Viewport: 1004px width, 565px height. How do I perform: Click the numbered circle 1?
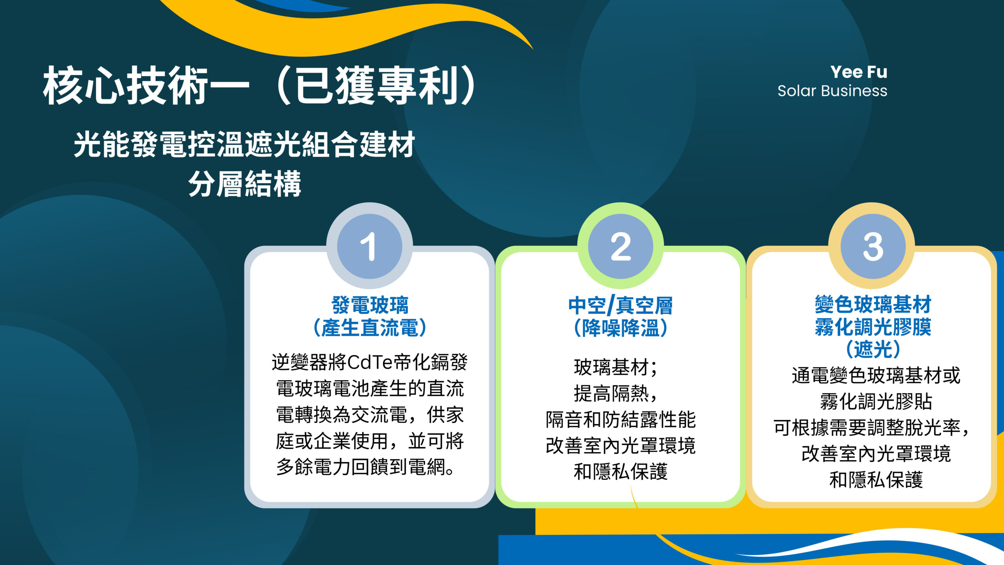click(369, 246)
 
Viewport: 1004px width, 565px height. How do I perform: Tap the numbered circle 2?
click(620, 246)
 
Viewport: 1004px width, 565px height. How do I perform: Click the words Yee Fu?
click(858, 72)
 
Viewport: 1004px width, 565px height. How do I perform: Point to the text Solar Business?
click(832, 91)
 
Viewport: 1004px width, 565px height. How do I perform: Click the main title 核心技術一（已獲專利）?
click(260, 86)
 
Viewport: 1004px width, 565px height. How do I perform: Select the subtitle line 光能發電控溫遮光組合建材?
click(244, 144)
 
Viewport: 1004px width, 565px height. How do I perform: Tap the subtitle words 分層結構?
click(245, 184)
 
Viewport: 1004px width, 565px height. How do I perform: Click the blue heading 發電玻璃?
click(370, 305)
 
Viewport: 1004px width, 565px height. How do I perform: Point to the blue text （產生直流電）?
click(370, 328)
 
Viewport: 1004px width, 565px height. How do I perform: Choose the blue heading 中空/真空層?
click(620, 306)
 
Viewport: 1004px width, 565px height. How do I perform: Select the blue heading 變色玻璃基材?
click(873, 304)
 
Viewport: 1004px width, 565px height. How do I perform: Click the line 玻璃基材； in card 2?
click(616, 368)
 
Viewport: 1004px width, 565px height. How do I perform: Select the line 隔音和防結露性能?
click(620, 419)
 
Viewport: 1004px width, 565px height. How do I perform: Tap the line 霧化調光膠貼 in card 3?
click(876, 401)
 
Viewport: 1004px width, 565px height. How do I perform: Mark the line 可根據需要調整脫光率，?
click(871, 428)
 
